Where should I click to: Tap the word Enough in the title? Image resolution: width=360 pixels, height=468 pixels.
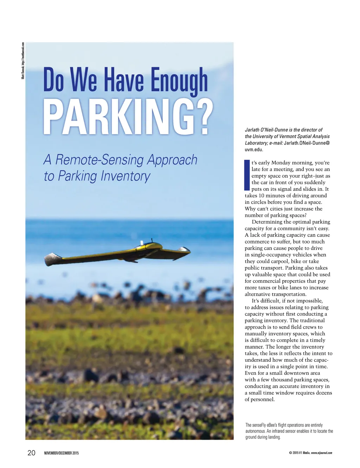(x=179, y=80)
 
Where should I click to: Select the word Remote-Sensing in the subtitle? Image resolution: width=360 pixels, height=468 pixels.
(x=100, y=160)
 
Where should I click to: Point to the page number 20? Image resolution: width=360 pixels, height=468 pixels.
(x=31, y=453)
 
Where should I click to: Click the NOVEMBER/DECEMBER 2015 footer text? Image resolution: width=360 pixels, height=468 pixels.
(x=62, y=453)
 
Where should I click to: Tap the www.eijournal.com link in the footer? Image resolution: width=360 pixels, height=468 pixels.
(x=321, y=453)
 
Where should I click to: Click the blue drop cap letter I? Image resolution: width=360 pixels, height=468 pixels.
(x=247, y=175)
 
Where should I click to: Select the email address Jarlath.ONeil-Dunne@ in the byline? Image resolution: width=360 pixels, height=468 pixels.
(x=307, y=143)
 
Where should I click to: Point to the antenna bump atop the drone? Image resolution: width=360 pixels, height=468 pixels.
(x=142, y=242)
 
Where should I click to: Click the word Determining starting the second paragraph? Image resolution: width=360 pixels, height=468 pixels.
(x=267, y=222)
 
